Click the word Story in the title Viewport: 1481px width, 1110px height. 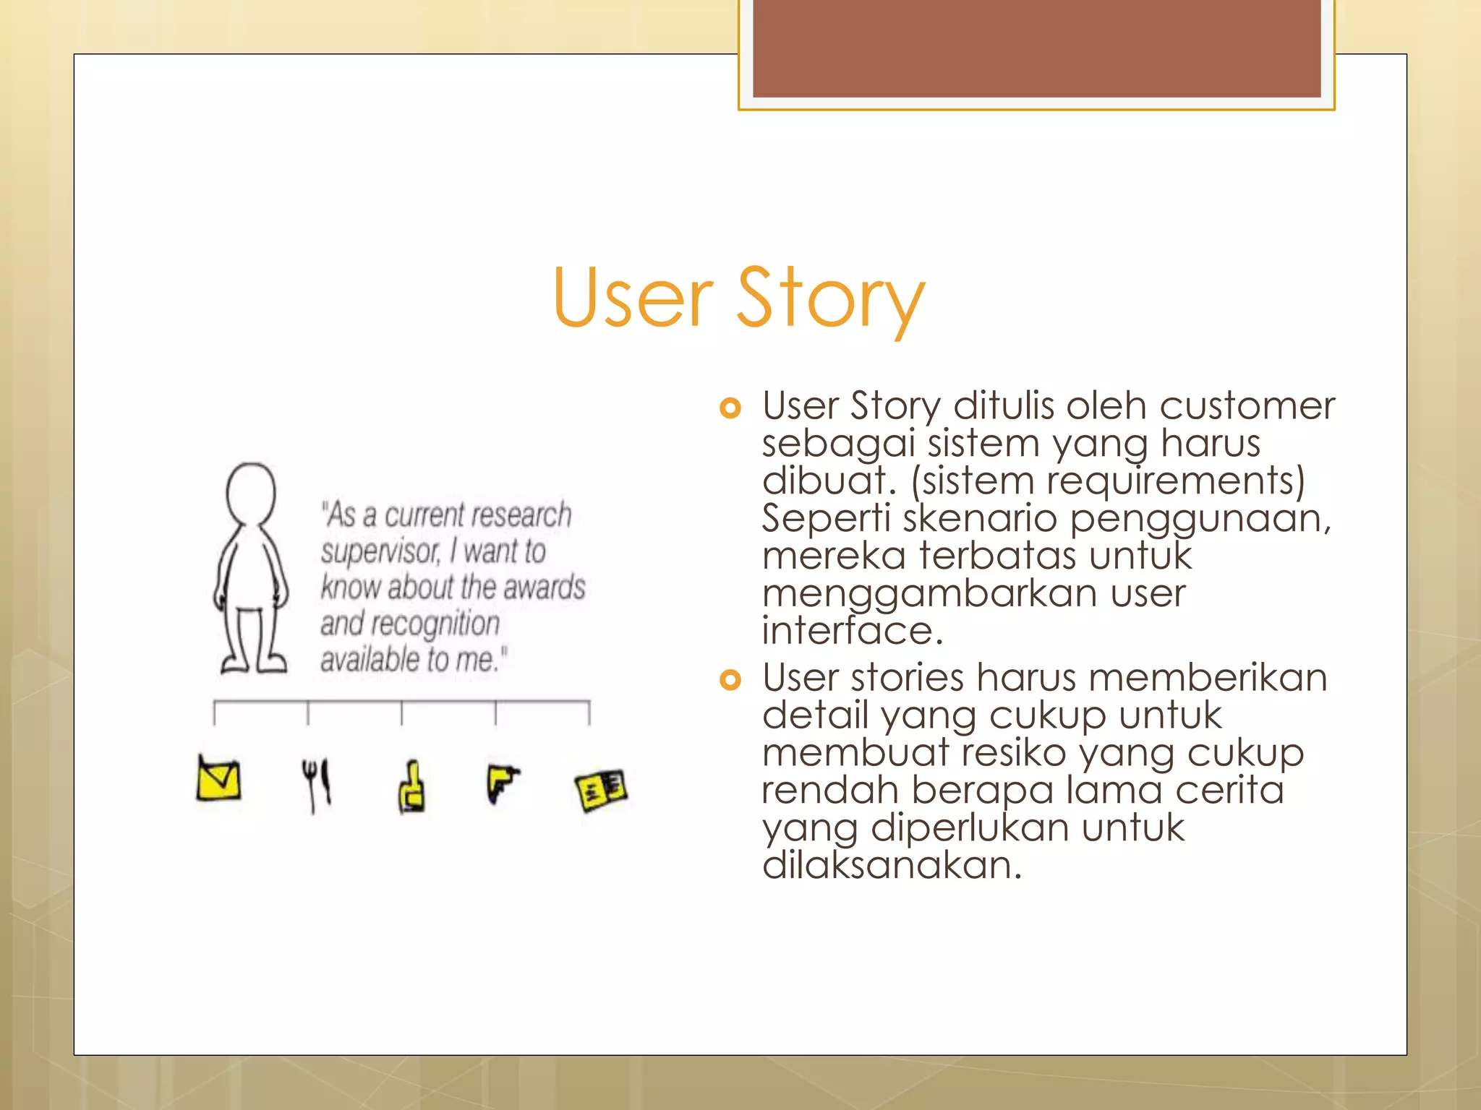click(830, 298)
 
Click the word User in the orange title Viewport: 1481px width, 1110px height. click(633, 298)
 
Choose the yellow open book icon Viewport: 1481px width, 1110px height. click(601, 789)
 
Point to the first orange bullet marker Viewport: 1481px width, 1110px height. click(730, 408)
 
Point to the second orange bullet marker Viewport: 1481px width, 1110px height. click(730, 680)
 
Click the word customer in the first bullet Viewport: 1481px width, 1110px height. click(1247, 405)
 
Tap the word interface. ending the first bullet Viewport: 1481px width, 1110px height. click(853, 631)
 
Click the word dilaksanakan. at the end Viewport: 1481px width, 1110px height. click(892, 865)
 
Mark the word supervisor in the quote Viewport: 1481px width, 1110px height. click(380, 552)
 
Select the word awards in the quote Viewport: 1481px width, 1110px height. click(544, 587)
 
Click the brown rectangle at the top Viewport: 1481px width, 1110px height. click(1036, 48)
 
